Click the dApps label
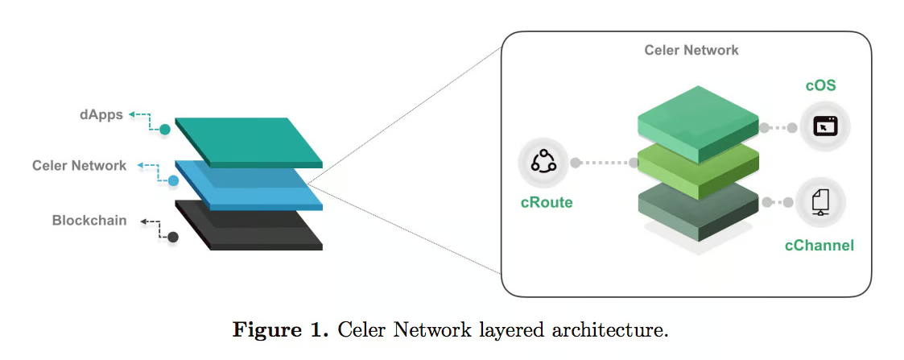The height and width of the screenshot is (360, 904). (x=101, y=114)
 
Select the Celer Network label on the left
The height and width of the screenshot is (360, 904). (x=79, y=165)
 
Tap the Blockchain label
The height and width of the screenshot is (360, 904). (x=89, y=220)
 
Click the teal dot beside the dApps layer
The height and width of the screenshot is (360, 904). (x=165, y=129)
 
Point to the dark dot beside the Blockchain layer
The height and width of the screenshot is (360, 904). (x=172, y=237)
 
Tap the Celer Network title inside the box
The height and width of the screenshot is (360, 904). (x=691, y=50)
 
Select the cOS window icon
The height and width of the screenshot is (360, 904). (x=824, y=126)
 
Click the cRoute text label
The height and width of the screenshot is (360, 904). (x=546, y=202)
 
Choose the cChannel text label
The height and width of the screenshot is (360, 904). (x=819, y=245)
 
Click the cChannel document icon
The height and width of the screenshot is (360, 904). (x=820, y=201)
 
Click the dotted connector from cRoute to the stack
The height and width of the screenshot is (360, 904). (x=604, y=163)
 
